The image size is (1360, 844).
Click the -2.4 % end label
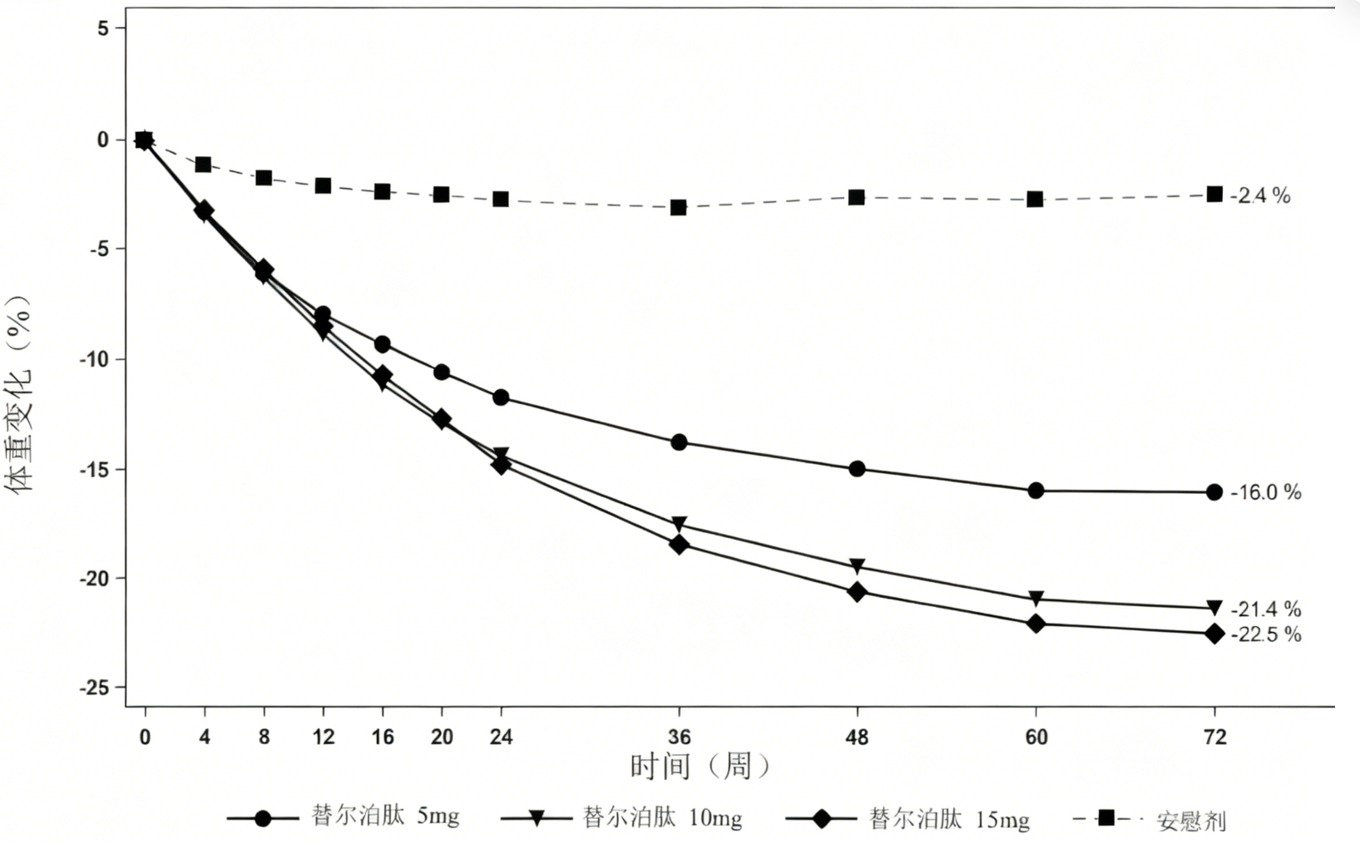pyautogui.click(x=1261, y=195)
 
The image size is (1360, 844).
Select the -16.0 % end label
pyautogui.click(x=1266, y=492)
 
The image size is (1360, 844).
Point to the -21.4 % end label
pyautogui.click(x=1266, y=610)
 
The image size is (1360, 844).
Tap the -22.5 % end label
pyautogui.click(x=1266, y=634)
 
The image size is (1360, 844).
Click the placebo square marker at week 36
pyautogui.click(x=679, y=207)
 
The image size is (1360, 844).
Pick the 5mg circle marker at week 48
pyautogui.click(x=857, y=469)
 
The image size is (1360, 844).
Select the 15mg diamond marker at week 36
pyautogui.click(x=679, y=545)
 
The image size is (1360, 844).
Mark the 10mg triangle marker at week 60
pyautogui.click(x=1036, y=599)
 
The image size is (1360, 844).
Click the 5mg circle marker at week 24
pyautogui.click(x=501, y=397)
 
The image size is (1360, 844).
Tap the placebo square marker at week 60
pyautogui.click(x=1035, y=200)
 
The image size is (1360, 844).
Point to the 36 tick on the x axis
pyautogui.click(x=679, y=737)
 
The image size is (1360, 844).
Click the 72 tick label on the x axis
pyautogui.click(x=1214, y=737)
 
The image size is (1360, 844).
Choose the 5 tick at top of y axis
pyautogui.click(x=103, y=28)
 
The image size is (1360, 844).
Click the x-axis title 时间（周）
pyautogui.click(x=700, y=766)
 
